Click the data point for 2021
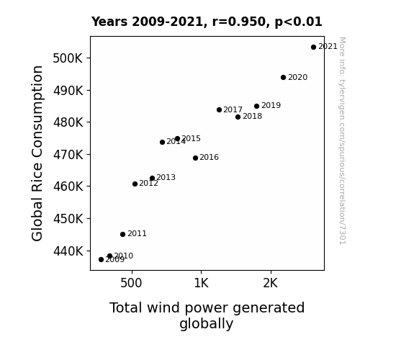[313, 48]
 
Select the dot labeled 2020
[283, 77]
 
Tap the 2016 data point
[195, 158]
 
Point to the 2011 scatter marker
[123, 234]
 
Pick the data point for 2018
[238, 117]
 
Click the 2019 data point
[256, 106]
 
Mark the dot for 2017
[219, 109]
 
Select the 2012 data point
[135, 184]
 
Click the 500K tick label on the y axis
[68, 58]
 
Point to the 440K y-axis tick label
[68, 251]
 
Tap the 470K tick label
[68, 155]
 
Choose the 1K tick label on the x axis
[201, 283]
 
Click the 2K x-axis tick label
[271, 283]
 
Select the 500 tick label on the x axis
[131, 283]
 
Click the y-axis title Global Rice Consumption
[37, 153]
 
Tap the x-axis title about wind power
[207, 315]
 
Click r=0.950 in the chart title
[240, 22]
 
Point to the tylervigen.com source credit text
[342, 141]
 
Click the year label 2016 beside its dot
[209, 157]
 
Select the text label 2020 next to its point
[298, 77]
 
